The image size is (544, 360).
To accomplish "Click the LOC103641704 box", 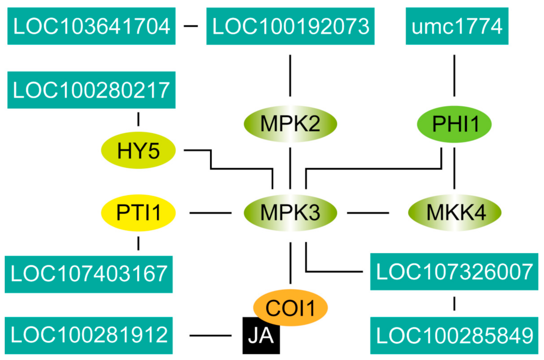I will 92,27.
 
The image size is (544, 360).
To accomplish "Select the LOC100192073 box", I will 290,27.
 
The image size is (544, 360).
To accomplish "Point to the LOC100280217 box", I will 92,90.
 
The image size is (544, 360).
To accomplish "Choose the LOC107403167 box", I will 89,274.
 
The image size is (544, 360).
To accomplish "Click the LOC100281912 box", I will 89,335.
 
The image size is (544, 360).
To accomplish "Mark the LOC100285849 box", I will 454,335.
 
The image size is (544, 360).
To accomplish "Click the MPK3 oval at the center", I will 290,213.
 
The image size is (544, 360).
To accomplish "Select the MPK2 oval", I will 290,124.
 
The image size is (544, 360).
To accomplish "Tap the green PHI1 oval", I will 455,124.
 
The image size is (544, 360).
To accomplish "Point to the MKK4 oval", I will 455,213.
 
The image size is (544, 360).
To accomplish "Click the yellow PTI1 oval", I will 139,213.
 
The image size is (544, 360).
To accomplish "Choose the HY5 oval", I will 139,151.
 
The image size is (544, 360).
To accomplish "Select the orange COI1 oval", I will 290,306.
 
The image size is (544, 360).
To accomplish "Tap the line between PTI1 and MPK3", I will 210,213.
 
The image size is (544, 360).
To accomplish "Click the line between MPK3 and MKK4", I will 368,213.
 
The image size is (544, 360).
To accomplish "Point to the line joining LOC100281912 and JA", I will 210,336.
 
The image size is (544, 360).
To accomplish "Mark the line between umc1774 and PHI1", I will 454,75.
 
